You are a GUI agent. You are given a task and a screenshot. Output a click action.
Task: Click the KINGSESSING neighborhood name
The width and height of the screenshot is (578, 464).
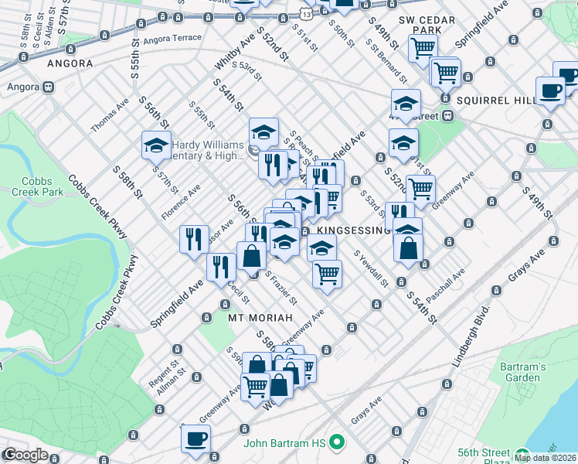[354, 230]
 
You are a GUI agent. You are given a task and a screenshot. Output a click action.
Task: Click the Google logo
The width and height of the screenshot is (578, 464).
[25, 455]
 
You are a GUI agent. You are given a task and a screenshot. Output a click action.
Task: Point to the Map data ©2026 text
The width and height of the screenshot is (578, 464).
[546, 458]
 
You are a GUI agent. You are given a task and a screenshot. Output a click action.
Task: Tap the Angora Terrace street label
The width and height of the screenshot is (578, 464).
[172, 37]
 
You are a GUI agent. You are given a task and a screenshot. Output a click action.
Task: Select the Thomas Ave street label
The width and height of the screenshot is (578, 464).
[110, 114]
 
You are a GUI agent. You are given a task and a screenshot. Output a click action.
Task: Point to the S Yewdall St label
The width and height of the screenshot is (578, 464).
[371, 268]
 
